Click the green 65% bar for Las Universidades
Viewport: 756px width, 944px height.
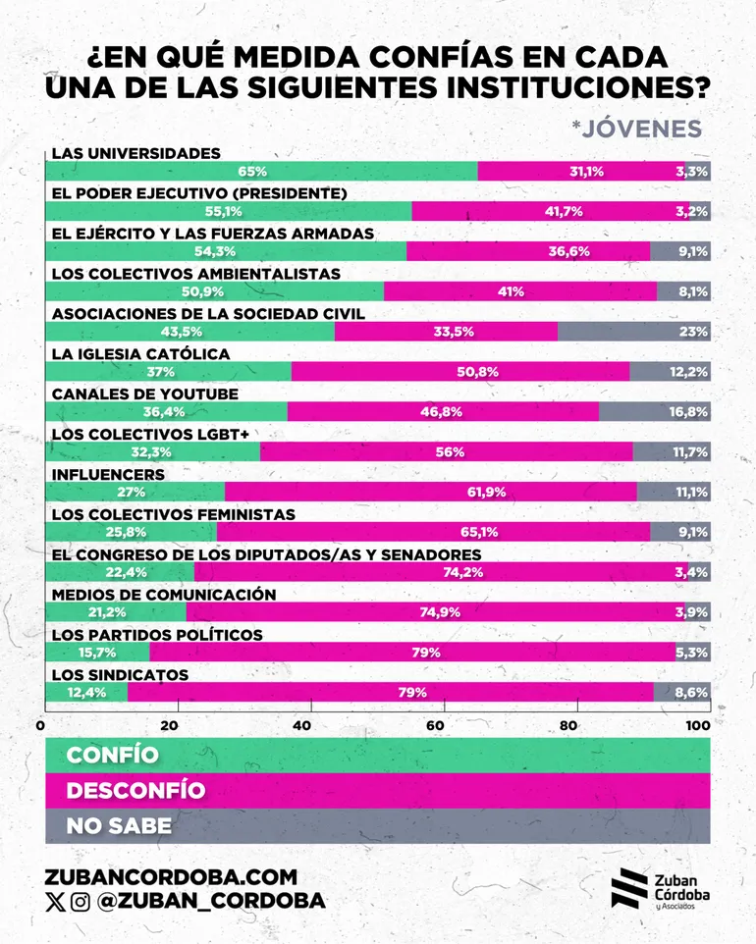260,172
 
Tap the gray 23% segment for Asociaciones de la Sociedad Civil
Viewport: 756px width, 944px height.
633,332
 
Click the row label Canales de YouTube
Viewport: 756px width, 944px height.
144,393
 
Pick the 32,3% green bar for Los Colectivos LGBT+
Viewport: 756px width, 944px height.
152,452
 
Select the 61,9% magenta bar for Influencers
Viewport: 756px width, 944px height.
430,493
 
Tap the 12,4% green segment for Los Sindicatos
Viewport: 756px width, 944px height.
86,693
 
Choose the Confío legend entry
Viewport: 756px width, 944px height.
112,755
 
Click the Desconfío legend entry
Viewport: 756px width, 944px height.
135,790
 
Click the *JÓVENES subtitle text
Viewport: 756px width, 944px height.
636,129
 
